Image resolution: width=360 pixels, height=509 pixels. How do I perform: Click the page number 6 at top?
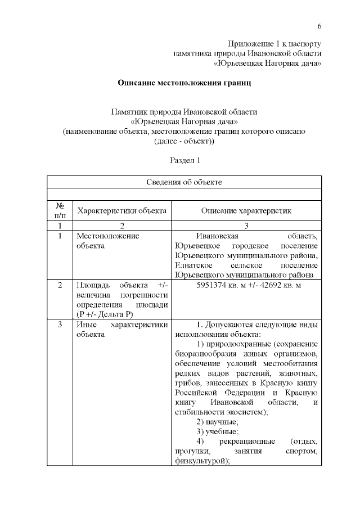pyautogui.click(x=319, y=26)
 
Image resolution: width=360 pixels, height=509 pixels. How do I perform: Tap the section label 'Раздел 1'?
pyautogui.click(x=185, y=160)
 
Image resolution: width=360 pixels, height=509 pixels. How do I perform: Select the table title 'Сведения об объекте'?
pyautogui.click(x=184, y=182)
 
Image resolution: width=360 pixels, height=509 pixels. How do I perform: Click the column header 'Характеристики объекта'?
pyautogui.click(x=121, y=211)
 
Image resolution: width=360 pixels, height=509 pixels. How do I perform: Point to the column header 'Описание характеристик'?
pyautogui.click(x=248, y=211)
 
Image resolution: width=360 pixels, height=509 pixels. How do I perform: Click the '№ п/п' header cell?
pyautogui.click(x=59, y=211)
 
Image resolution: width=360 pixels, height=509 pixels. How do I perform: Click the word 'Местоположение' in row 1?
pyautogui.click(x=107, y=236)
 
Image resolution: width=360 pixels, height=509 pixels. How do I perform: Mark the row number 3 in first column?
pyautogui.click(x=60, y=325)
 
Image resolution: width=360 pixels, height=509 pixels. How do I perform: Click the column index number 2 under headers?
pyautogui.click(x=121, y=226)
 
